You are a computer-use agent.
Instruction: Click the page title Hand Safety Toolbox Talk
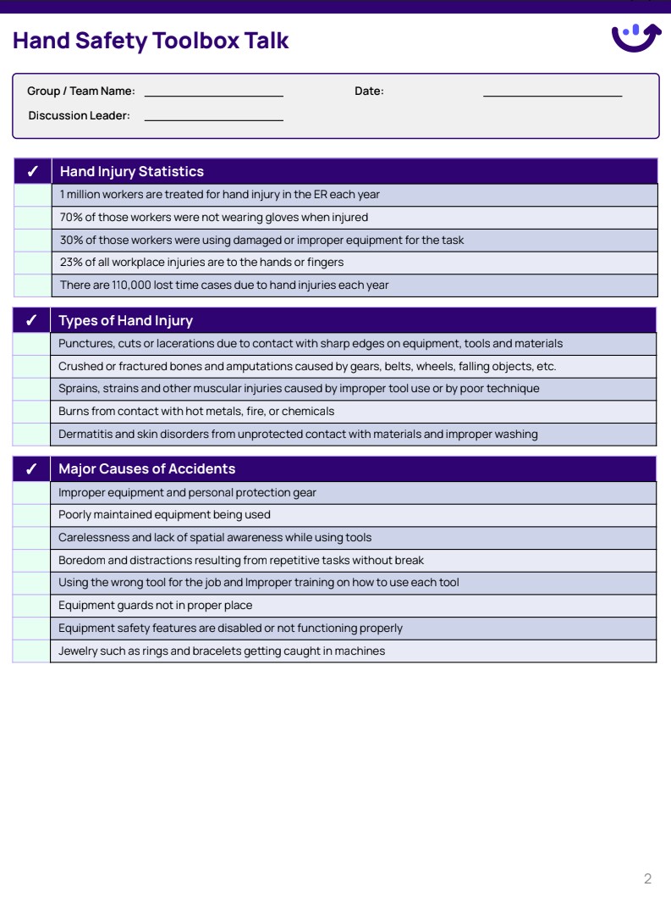(x=151, y=41)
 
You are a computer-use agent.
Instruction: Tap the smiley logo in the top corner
(x=635, y=37)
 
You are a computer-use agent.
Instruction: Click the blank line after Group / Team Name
(x=213, y=92)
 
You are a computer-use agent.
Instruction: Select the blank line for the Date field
(x=552, y=92)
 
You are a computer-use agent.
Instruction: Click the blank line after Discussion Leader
(x=213, y=117)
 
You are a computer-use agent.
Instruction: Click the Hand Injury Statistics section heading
(x=131, y=171)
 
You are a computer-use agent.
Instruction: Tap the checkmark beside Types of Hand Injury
(x=32, y=321)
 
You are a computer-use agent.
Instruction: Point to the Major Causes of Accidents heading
(x=146, y=469)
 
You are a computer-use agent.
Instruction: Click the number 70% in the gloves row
(x=71, y=218)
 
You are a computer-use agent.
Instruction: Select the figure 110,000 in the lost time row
(x=131, y=285)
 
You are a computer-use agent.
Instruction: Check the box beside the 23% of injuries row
(x=32, y=263)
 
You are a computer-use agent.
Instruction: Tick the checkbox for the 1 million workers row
(x=32, y=195)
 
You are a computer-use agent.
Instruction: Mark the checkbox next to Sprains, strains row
(x=32, y=389)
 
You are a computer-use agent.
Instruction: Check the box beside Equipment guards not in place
(x=32, y=606)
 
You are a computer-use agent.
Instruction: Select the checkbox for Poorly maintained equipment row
(x=32, y=515)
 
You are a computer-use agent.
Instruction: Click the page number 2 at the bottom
(x=647, y=879)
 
